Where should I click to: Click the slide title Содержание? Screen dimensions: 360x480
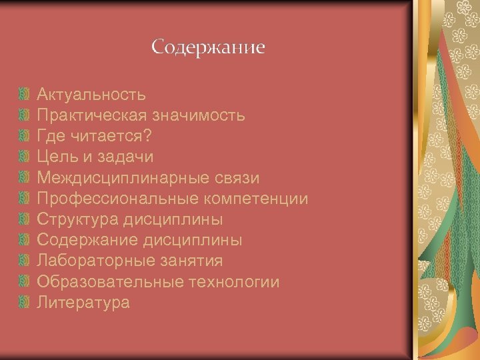[207, 48]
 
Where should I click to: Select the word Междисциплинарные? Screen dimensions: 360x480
[112, 178]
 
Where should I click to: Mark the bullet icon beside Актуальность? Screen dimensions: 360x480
[25, 95]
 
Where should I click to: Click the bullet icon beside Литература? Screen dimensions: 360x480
[25, 303]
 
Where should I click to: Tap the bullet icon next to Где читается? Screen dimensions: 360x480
[25, 136]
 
